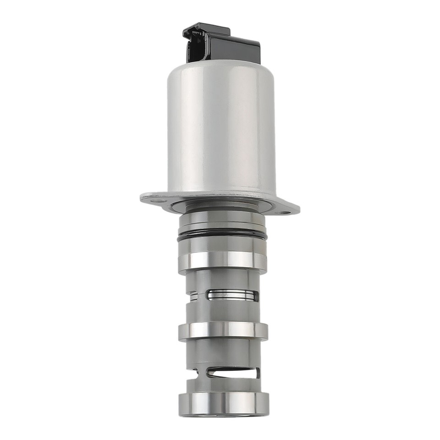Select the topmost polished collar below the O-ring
point(223,260)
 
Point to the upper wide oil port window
point(232,295)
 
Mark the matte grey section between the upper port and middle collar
point(223,312)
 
